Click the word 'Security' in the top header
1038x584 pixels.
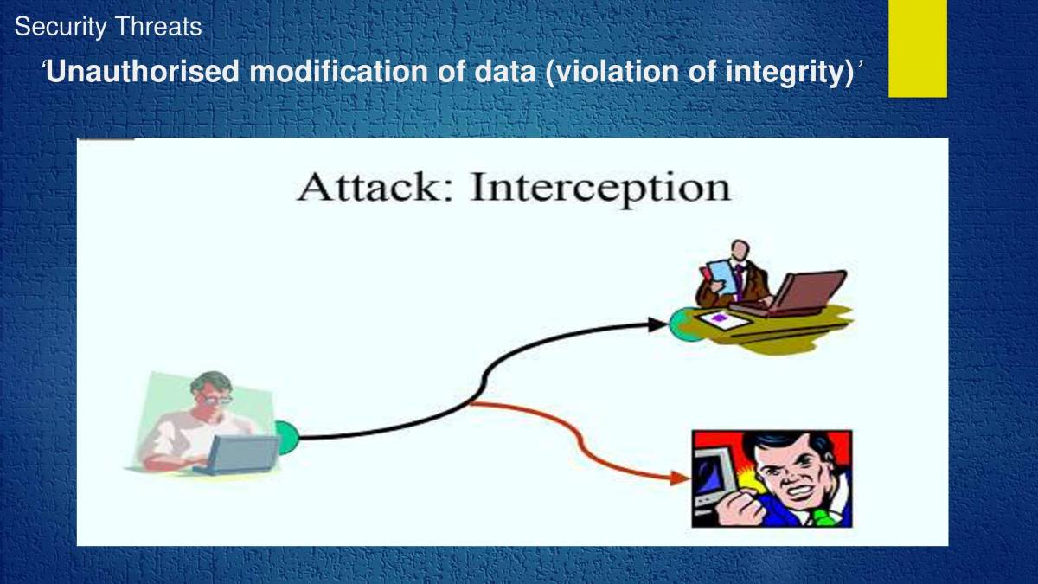pyautogui.click(x=61, y=28)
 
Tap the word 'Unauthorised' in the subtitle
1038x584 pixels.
pyautogui.click(x=142, y=72)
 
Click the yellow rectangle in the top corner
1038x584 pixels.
pyautogui.click(x=918, y=48)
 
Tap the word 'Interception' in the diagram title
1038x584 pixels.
pyautogui.click(x=600, y=188)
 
